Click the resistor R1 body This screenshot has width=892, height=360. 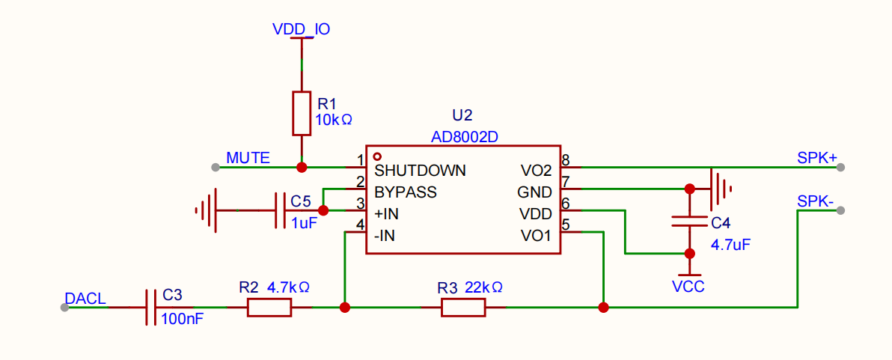pos(302,113)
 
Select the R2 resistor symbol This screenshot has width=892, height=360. pos(269,308)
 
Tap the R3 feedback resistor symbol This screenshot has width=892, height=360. pos(463,308)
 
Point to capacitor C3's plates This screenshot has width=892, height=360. pos(150,308)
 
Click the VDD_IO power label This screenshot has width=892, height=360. pos(301,28)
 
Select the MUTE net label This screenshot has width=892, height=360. pos(248,157)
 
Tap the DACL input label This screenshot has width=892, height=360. pos(85,299)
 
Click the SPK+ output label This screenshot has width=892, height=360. pos(817,158)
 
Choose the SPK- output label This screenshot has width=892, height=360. pos(815,201)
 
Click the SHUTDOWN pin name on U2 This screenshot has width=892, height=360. pos(420,170)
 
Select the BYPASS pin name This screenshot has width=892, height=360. pos(405,192)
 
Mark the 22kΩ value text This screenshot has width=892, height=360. pos(483,287)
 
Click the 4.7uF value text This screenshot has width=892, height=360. pos(730,245)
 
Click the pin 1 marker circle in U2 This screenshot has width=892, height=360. pos(376,156)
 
